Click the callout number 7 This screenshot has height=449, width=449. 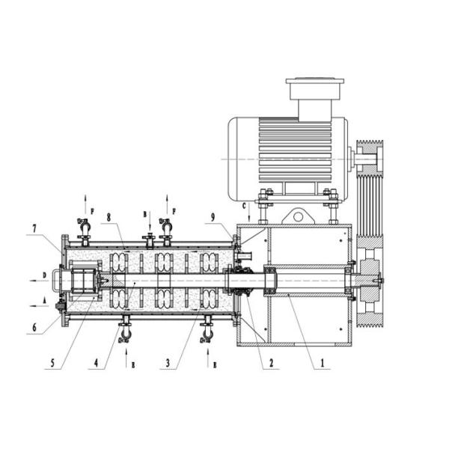[33, 228]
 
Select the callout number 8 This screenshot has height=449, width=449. [109, 218]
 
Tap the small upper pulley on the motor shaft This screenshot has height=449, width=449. [369, 159]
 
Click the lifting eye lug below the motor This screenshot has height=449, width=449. [298, 216]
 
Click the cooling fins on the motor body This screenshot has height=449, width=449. [292, 150]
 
